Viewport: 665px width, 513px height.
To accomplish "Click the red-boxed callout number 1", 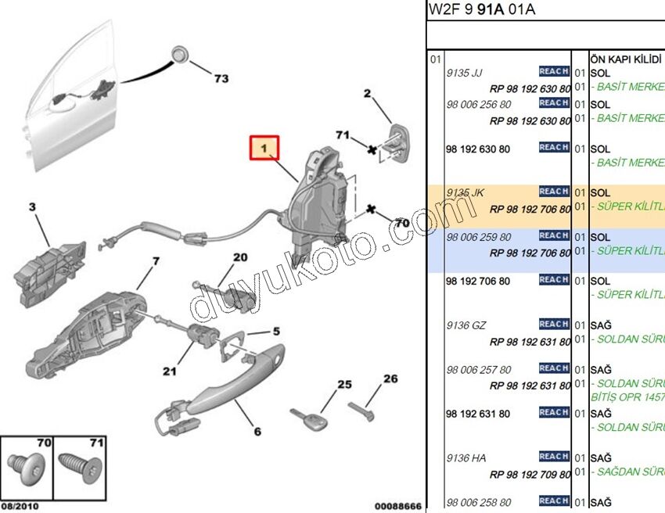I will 264,148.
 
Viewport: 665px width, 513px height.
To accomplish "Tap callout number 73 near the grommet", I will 221,78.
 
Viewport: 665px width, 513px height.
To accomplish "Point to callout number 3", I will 32,207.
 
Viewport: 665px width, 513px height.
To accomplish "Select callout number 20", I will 239,256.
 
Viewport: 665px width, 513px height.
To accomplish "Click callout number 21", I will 169,371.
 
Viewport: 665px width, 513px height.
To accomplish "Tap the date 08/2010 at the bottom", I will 19,506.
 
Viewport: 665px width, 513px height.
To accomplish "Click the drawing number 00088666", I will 397,506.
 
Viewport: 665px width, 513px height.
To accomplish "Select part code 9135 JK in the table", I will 465,192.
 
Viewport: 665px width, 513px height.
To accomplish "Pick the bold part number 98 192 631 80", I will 477,414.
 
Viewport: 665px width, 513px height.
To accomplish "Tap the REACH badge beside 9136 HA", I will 554,456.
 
